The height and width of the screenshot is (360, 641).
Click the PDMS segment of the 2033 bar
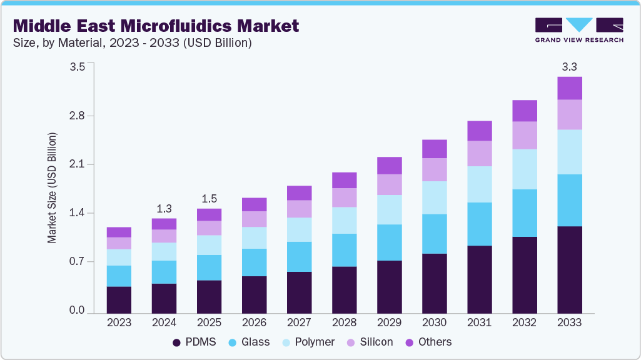click(x=569, y=269)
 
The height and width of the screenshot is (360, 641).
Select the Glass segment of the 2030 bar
click(x=434, y=234)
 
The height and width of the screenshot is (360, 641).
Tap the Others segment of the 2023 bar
click(x=119, y=232)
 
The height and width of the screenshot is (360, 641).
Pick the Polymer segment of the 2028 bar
click(x=344, y=220)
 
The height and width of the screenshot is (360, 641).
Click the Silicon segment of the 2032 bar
click(x=524, y=135)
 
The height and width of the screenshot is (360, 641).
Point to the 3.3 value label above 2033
click(x=569, y=66)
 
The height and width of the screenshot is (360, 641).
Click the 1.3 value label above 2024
click(x=164, y=208)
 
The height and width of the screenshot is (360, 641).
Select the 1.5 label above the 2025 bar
click(x=209, y=199)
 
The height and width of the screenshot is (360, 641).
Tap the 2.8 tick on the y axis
click(x=77, y=116)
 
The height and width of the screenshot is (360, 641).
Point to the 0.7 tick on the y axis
click(x=77, y=262)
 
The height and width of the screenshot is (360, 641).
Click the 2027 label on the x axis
click(x=299, y=322)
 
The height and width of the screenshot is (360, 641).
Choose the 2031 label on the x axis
click(x=479, y=322)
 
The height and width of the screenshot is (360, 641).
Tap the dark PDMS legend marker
click(x=176, y=342)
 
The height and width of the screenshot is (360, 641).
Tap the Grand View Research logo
click(x=578, y=29)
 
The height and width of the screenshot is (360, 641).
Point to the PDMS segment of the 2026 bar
click(x=254, y=294)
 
